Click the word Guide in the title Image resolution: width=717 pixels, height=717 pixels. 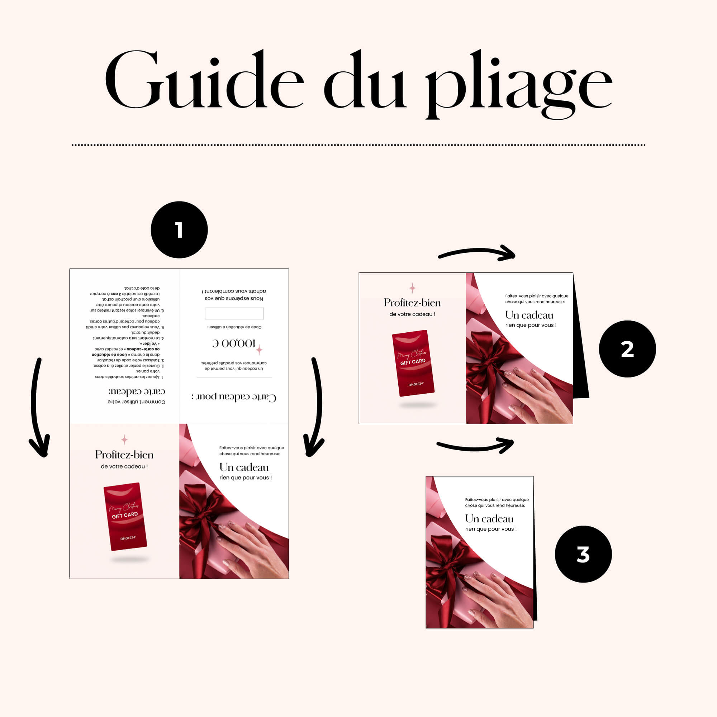click(x=204, y=80)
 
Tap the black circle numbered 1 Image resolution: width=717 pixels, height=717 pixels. click(x=179, y=230)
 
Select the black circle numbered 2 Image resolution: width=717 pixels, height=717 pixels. click(x=627, y=349)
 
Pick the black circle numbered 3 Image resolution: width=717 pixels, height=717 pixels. click(x=583, y=554)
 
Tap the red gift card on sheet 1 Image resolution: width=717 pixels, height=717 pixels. click(x=125, y=516)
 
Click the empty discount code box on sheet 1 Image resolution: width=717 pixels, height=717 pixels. click(x=234, y=313)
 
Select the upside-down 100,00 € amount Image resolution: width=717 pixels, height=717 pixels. click(x=234, y=343)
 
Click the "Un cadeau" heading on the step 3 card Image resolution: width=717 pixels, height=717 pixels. click(x=489, y=518)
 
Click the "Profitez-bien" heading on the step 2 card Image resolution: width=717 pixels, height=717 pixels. click(x=412, y=303)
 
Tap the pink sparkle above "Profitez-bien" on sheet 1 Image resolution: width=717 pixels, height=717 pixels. click(x=124, y=440)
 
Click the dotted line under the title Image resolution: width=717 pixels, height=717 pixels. click(x=358, y=145)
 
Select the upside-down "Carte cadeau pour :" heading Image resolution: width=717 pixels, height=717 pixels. click(x=234, y=397)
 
